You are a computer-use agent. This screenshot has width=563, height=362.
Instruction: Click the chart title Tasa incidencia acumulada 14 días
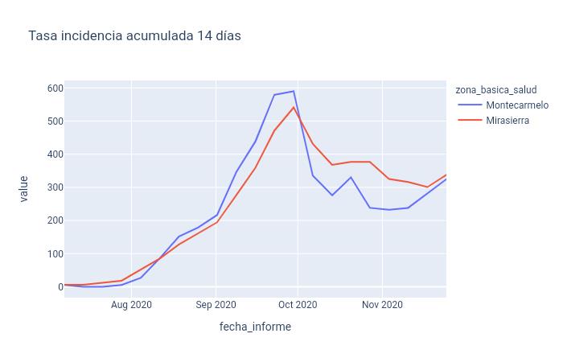point(134,36)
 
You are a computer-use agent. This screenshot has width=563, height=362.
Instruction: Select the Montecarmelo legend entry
point(517,105)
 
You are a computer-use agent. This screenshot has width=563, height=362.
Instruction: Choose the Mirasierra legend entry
point(508,121)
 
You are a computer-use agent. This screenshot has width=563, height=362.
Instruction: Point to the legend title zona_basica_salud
point(495,89)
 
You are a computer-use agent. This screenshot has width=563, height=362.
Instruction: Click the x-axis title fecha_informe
point(255,327)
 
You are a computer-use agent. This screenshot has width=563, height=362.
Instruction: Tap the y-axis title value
point(23,188)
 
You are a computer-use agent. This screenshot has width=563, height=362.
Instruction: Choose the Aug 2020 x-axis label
point(131,305)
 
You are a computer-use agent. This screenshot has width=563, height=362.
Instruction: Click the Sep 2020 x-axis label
point(216,305)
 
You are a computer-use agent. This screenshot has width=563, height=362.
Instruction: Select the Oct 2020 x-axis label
point(298,305)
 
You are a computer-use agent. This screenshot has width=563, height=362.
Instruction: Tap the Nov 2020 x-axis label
point(382,305)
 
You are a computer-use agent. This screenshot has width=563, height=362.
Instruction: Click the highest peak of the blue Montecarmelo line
point(294,91)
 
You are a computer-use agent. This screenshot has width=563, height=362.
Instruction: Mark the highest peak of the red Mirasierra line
point(294,107)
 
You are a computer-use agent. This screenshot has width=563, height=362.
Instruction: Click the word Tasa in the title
point(41,36)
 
